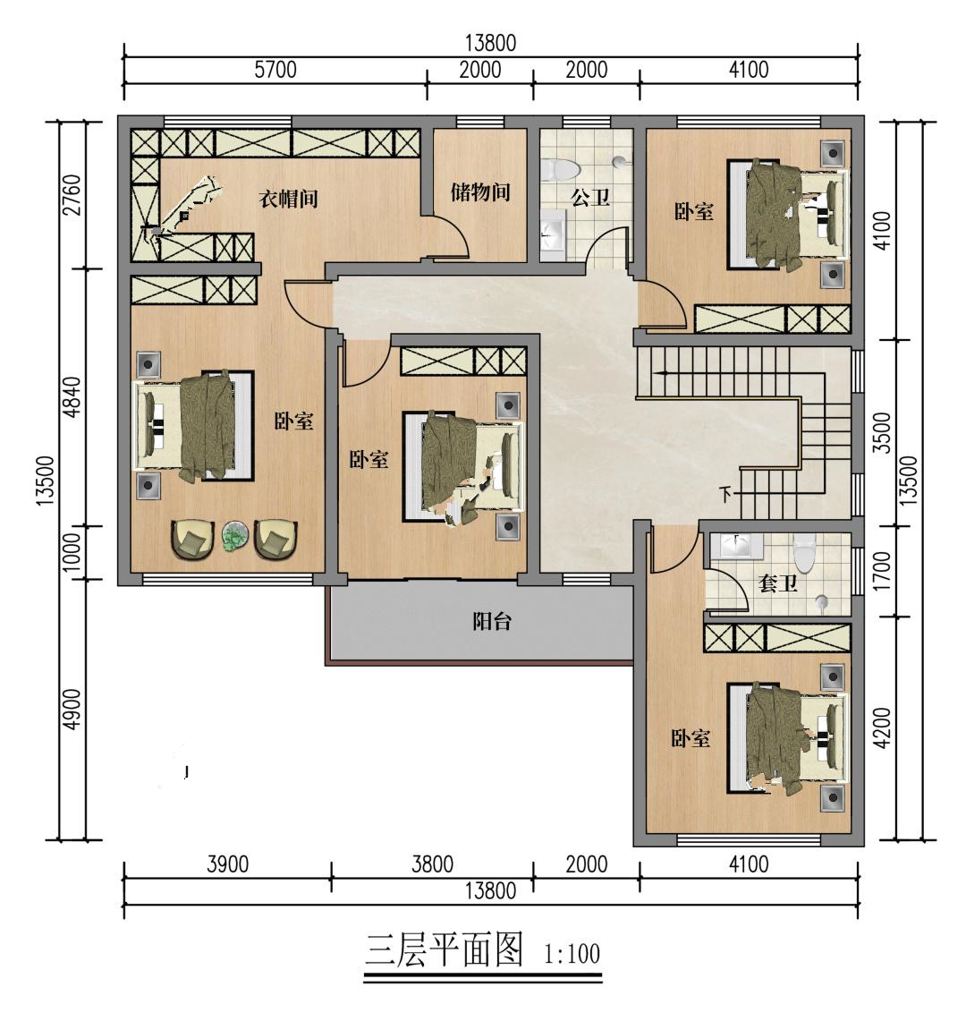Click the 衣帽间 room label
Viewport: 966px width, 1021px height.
pos(289,198)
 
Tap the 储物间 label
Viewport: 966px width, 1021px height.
pos(480,192)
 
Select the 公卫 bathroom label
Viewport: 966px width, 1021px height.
pos(590,197)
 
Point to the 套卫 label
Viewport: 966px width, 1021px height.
pos(778,583)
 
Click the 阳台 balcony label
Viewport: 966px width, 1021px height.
pos(492,621)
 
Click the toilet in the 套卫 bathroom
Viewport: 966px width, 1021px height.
pos(805,551)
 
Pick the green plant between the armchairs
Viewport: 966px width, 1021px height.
pos(234,537)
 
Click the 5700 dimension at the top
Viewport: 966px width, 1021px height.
pos(275,70)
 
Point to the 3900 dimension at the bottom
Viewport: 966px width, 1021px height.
pos(228,864)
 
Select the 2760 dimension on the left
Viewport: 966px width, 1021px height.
pos(72,195)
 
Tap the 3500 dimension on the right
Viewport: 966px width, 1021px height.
pos(882,432)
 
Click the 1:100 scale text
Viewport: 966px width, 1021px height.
pos(572,955)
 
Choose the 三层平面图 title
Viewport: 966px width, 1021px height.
pos(444,950)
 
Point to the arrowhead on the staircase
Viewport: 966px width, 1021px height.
pos(661,373)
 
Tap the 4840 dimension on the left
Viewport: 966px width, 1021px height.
pos(72,397)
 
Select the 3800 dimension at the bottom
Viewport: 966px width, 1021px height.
pos(432,864)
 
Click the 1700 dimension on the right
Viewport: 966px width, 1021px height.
pos(882,570)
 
